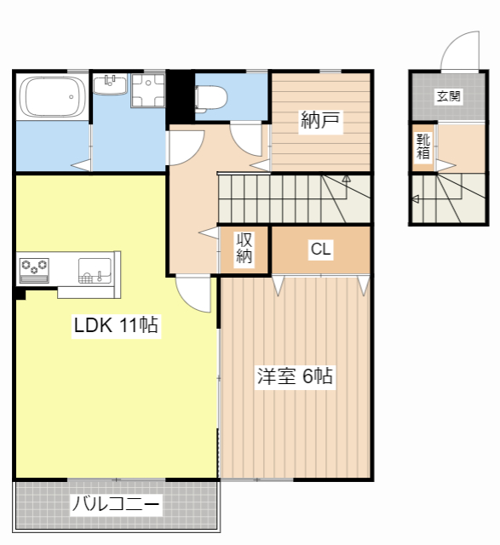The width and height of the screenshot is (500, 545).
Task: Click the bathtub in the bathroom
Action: click(53, 97)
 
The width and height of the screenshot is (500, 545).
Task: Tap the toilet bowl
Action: click(211, 98)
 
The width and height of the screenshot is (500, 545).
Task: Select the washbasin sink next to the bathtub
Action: click(110, 84)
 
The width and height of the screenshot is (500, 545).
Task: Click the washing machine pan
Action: click(147, 90)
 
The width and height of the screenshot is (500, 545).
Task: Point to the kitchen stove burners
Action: click(34, 267)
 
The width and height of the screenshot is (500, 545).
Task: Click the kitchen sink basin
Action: click(95, 271)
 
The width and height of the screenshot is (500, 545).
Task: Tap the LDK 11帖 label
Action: click(116, 325)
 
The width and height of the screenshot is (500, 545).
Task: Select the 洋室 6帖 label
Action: click(295, 376)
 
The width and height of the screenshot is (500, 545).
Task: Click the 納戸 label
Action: click(320, 120)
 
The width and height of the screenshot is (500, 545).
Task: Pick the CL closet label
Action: click(320, 250)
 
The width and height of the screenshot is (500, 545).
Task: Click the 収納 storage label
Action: click(244, 248)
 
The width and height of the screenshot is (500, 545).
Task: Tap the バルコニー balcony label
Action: click(116, 503)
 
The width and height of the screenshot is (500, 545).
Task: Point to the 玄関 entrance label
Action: click(449, 96)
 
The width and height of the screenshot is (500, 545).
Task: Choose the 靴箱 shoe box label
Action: click(423, 147)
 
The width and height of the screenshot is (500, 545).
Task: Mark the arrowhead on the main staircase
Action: click(347, 179)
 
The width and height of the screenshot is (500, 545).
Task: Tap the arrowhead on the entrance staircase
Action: click(415, 199)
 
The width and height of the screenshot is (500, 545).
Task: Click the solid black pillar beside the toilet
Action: click(181, 97)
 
